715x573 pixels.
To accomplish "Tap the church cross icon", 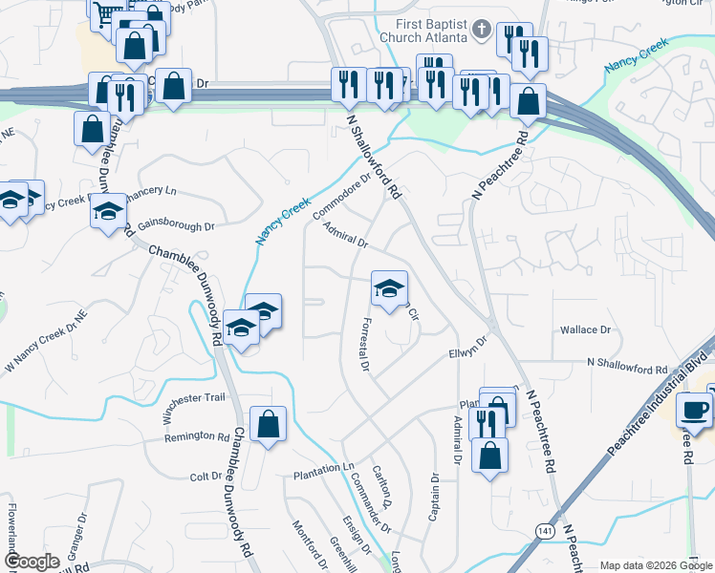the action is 482,30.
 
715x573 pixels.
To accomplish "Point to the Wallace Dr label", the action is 585,329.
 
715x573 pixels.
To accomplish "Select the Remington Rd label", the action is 197,436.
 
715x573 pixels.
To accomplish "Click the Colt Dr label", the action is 206,477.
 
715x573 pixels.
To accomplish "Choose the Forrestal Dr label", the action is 364,344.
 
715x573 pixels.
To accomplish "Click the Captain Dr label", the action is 434,498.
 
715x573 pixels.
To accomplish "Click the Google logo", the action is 32,562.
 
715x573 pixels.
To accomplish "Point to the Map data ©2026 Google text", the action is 655,565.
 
